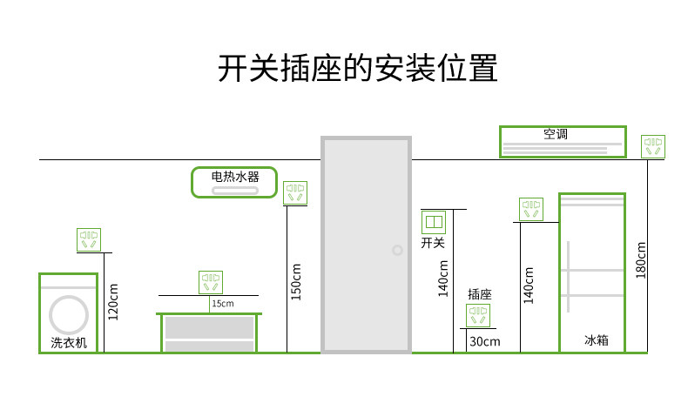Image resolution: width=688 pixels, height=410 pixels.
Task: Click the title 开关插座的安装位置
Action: [x=357, y=69]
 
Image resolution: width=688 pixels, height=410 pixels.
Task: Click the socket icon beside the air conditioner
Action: [x=653, y=146]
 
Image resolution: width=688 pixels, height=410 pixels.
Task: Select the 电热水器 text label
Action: [x=233, y=176]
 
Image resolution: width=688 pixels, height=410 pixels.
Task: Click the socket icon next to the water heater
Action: [x=296, y=192]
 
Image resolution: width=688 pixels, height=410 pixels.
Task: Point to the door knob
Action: [x=397, y=250]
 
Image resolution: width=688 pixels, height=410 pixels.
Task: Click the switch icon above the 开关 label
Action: [x=433, y=222]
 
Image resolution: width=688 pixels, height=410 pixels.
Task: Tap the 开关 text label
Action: [x=433, y=243]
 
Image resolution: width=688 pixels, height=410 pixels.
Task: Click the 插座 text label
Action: [x=480, y=293]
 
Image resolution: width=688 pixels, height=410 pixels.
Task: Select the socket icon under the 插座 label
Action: [x=478, y=315]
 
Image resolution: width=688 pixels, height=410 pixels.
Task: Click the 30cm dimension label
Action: [x=485, y=341]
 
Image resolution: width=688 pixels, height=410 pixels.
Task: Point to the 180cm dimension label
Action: [x=641, y=259]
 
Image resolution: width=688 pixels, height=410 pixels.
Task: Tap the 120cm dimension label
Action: [x=112, y=301]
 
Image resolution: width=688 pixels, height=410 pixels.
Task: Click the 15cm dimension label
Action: [x=222, y=303]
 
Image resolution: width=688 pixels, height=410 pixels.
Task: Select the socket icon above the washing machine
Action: [x=89, y=239]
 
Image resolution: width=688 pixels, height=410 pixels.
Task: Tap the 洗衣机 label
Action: [x=69, y=342]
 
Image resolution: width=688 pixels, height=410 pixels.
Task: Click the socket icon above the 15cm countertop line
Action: [x=211, y=282]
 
